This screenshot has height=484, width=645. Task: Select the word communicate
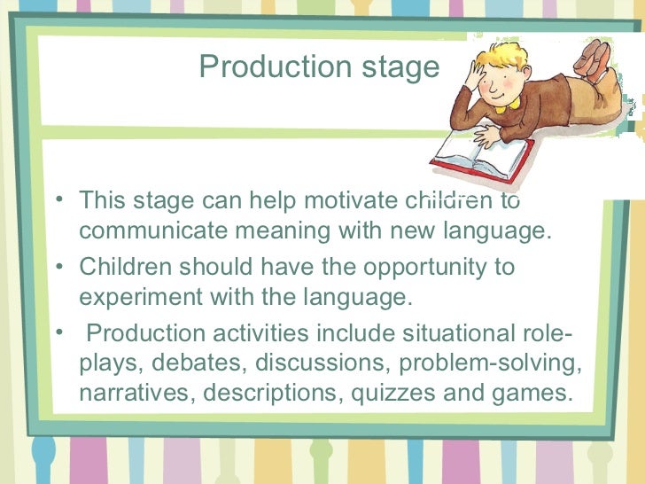tap(154, 232)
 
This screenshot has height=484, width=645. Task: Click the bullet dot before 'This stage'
tap(58, 199)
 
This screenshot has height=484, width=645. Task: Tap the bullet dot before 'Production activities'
tap(58, 332)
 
